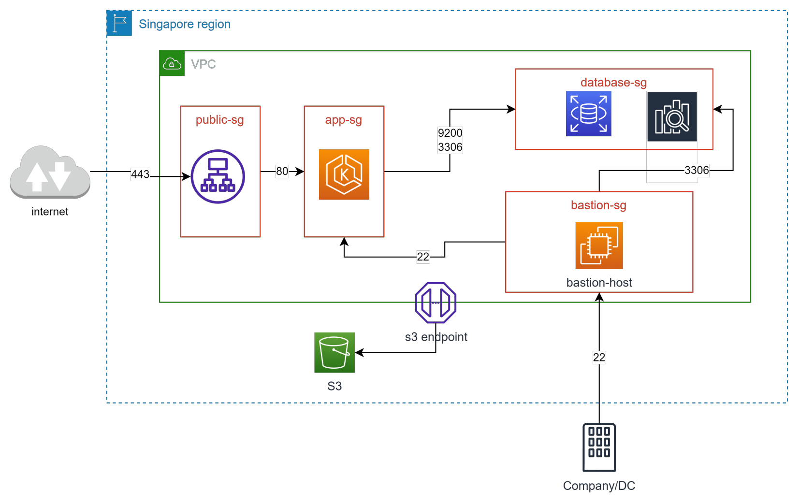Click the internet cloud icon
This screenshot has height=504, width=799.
(50, 173)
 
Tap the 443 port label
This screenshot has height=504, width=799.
(140, 174)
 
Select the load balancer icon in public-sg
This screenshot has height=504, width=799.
(218, 176)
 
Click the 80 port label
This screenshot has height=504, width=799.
(282, 172)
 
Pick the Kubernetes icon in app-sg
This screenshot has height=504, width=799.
(344, 174)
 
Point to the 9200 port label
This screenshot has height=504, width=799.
(450, 133)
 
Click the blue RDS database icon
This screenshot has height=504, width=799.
(588, 114)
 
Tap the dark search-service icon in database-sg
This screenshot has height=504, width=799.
(672, 117)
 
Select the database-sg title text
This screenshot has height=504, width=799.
(613, 83)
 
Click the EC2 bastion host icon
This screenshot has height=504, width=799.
(599, 245)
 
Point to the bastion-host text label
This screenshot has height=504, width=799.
(599, 283)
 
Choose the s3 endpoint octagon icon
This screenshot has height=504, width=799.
(436, 303)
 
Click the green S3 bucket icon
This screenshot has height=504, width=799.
(334, 353)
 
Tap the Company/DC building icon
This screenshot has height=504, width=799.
(599, 447)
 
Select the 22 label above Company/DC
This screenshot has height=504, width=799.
(599, 358)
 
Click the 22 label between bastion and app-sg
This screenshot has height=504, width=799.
(423, 257)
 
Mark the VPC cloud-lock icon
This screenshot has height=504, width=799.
(172, 63)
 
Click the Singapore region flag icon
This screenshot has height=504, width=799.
(119, 23)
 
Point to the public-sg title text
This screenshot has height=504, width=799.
(219, 120)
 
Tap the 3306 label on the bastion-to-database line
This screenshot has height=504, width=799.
(697, 170)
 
